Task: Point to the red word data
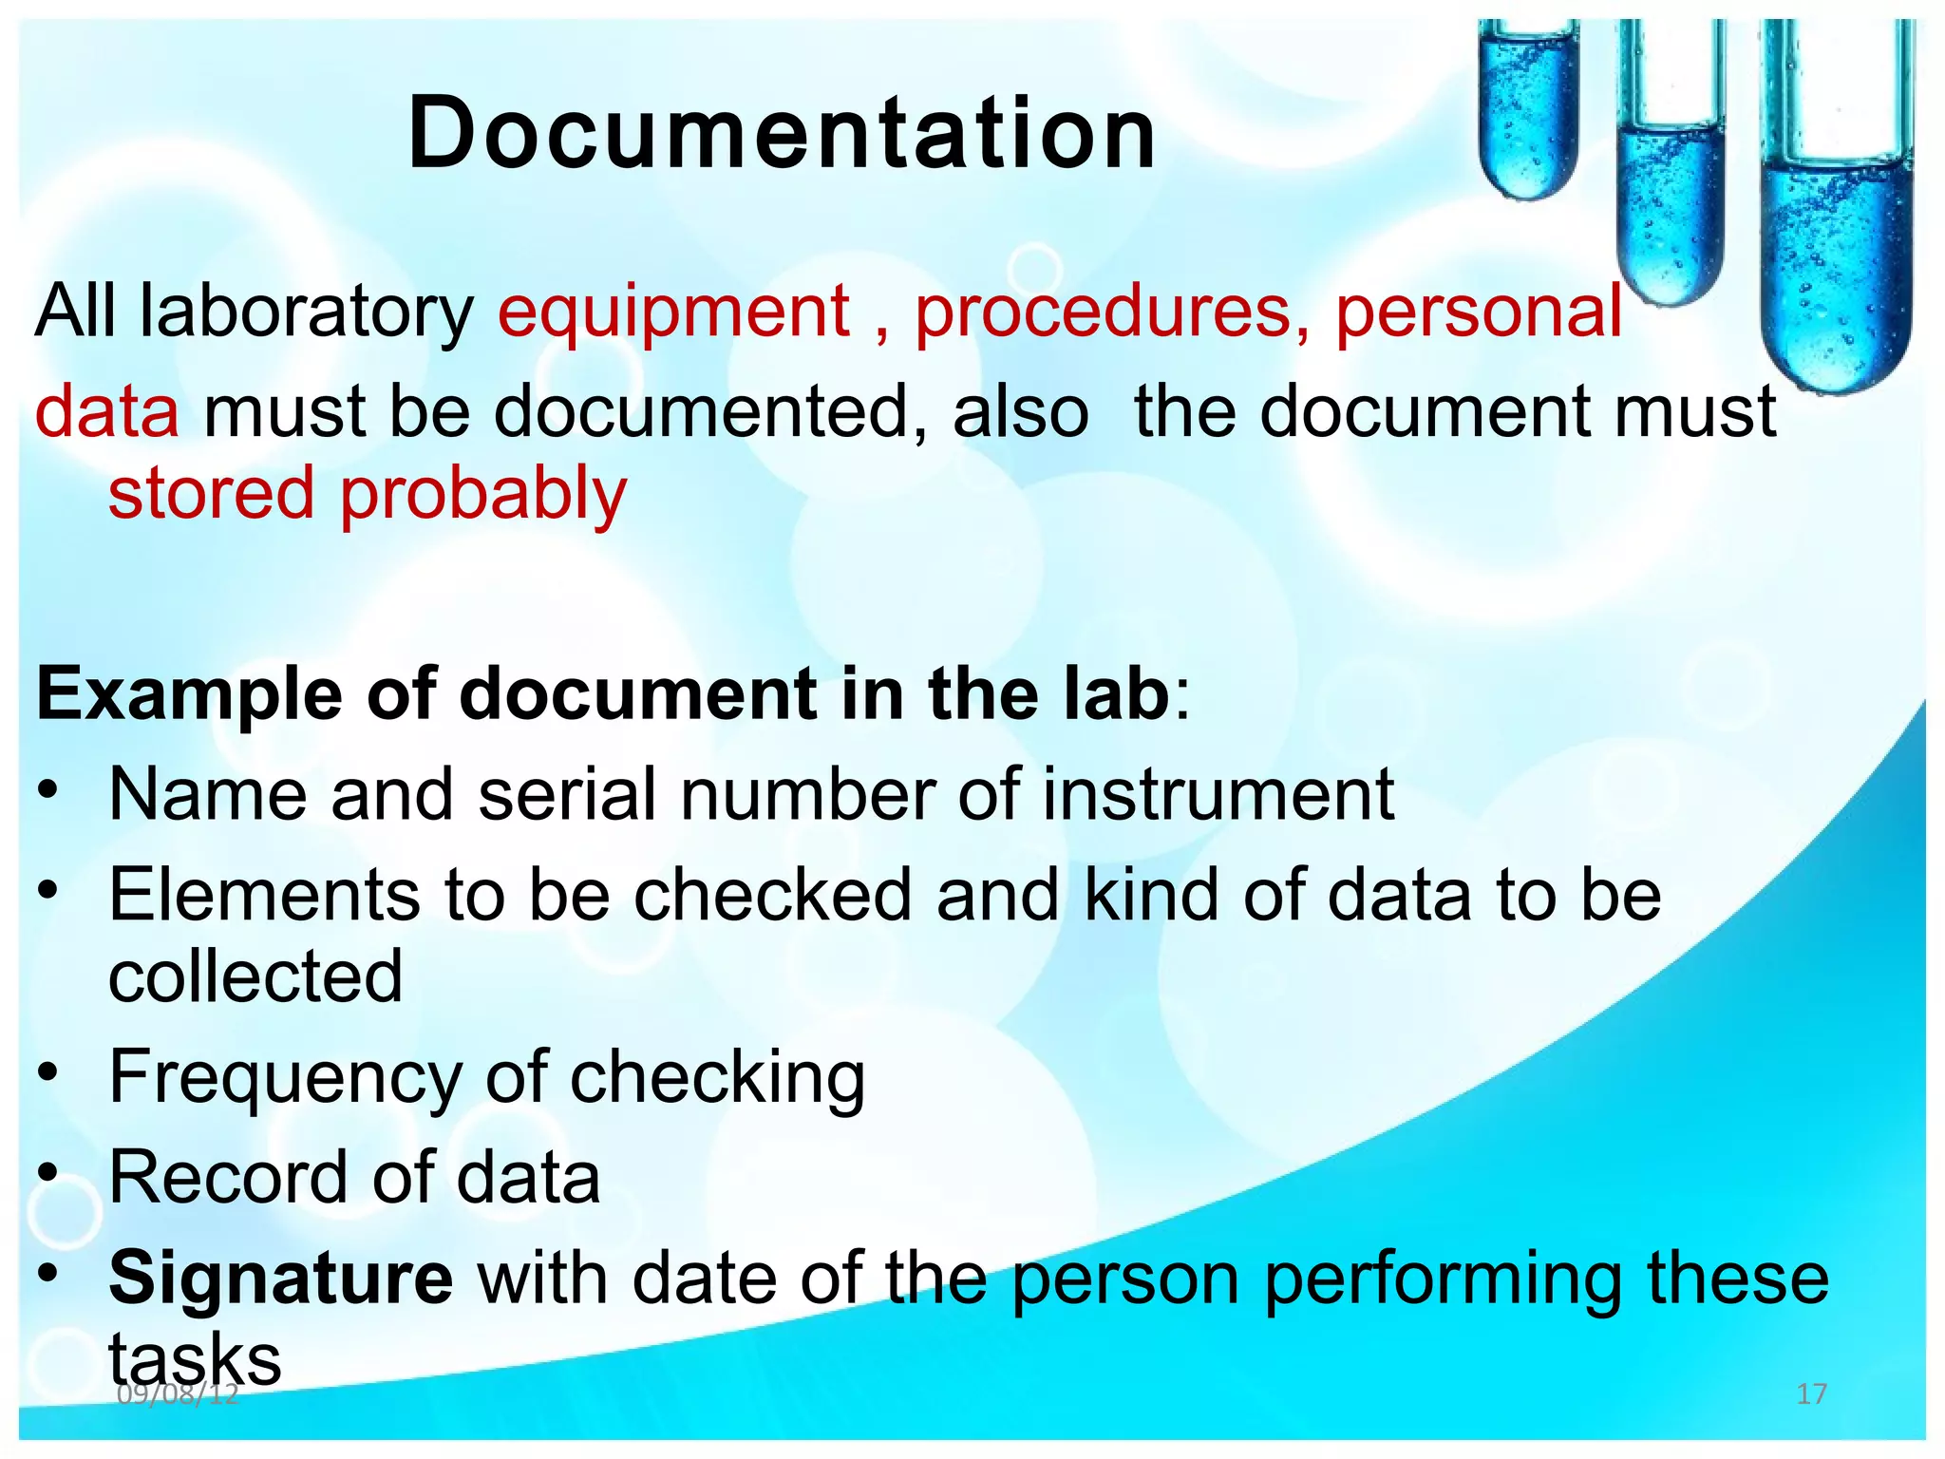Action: click(106, 411)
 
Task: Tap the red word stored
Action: click(211, 494)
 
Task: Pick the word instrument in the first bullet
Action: click(1218, 794)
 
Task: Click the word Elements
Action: click(264, 895)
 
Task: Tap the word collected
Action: click(255, 976)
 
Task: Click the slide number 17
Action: click(1812, 1394)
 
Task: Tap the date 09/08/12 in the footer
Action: click(178, 1394)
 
